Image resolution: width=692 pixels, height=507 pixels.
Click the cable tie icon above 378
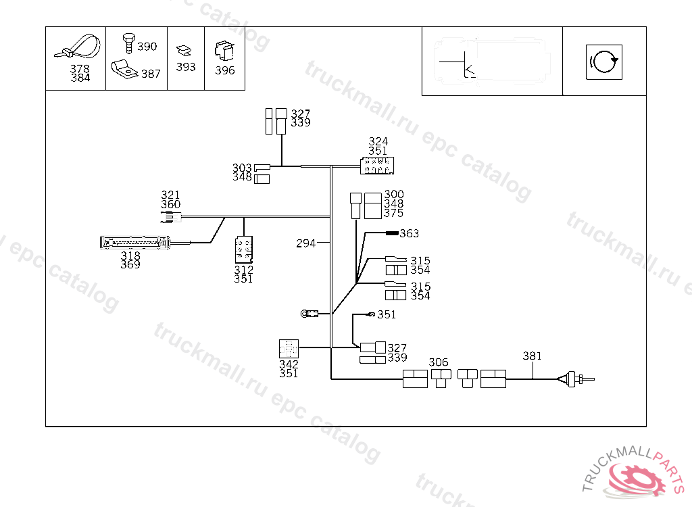(x=78, y=47)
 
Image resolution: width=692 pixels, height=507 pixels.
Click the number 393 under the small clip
(x=186, y=67)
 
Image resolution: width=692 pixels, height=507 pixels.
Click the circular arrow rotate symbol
(x=603, y=62)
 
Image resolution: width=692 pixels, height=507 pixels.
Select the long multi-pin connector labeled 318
(x=133, y=241)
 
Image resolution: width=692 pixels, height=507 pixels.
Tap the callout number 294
(x=305, y=243)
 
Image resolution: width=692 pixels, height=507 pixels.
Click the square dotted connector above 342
(x=289, y=348)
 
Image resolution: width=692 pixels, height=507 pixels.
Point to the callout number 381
(x=533, y=356)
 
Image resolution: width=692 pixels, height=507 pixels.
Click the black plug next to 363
(x=391, y=233)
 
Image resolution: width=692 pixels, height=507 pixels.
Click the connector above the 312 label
(x=243, y=249)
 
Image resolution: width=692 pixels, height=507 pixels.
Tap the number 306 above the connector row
(x=439, y=363)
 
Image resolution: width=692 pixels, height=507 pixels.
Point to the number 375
(x=393, y=214)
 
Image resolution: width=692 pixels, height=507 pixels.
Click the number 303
(x=241, y=168)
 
